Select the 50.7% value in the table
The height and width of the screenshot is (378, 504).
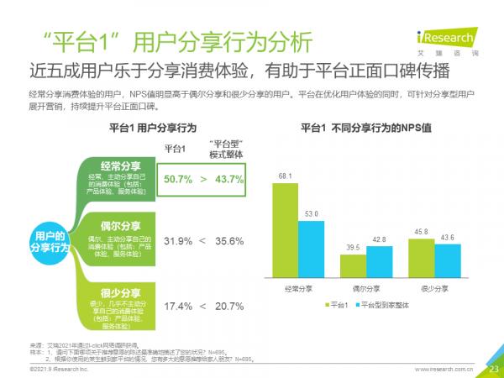[178, 180]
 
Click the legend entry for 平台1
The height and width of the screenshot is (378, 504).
[337, 305]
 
